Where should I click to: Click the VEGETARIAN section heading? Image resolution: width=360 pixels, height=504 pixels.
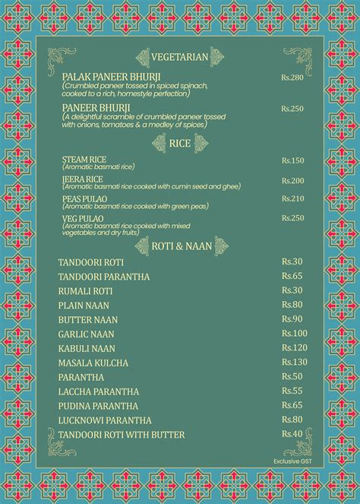coord(179,57)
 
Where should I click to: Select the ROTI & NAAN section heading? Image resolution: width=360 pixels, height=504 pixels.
coord(180,245)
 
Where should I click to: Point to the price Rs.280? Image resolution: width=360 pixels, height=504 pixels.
coord(292,78)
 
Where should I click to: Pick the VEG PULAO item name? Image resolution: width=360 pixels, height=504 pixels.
coord(83,219)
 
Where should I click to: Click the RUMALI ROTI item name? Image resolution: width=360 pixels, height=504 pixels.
coord(85,290)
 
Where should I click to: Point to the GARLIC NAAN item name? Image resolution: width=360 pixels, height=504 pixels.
coord(87,334)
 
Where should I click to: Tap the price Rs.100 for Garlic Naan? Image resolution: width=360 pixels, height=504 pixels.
coord(294,333)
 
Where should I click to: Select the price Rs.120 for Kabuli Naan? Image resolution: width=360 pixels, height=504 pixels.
coord(294,347)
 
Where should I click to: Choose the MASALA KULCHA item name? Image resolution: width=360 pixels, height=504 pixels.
coord(93,363)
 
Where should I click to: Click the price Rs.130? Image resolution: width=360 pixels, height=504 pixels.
coord(294,362)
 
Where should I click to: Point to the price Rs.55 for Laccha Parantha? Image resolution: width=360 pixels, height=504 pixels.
coord(292,391)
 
